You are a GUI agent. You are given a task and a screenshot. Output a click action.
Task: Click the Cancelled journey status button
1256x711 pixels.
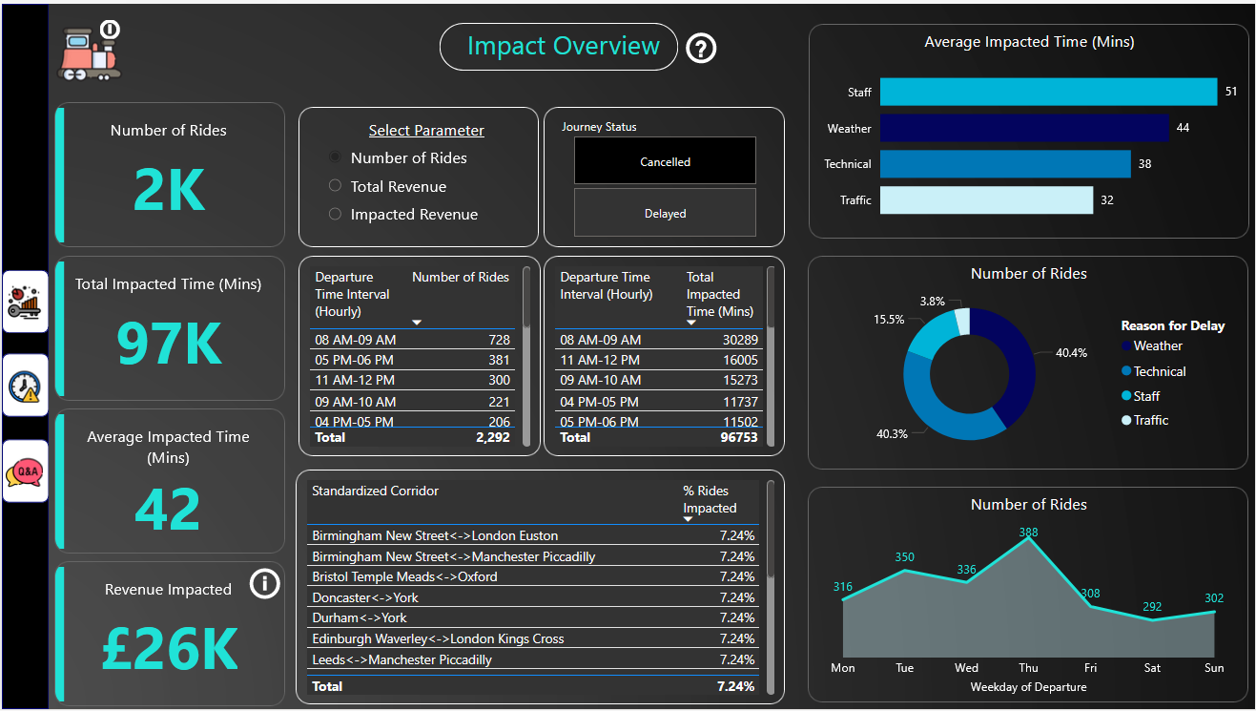pyautogui.click(x=665, y=161)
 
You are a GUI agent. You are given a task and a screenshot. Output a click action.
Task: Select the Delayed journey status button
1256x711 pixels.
pyautogui.click(x=665, y=213)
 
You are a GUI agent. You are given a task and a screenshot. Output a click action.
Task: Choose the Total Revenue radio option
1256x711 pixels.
pyautogui.click(x=335, y=186)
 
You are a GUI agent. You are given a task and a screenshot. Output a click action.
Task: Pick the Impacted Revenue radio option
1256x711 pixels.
pyautogui.click(x=335, y=215)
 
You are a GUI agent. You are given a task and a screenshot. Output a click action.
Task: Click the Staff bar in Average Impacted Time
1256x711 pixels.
pyautogui.click(x=1047, y=92)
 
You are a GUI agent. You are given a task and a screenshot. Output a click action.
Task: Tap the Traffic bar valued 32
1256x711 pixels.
pyautogui.click(x=985, y=199)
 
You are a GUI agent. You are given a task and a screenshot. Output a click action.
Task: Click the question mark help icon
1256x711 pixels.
pyautogui.click(x=701, y=48)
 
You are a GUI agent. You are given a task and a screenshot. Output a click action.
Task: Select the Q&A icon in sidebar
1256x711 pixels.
pyautogui.click(x=26, y=471)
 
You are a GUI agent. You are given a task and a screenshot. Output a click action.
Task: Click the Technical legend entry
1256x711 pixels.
pyautogui.click(x=1159, y=371)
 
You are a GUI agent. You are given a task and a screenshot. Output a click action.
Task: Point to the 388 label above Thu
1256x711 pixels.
pyautogui.click(x=1028, y=533)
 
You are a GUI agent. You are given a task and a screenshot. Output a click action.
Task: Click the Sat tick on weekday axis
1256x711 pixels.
pyautogui.click(x=1152, y=668)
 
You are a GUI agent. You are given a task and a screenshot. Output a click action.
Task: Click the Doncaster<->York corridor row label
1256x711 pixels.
pyautogui.click(x=365, y=597)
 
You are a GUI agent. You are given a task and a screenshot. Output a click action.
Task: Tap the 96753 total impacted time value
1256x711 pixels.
pyautogui.click(x=736, y=437)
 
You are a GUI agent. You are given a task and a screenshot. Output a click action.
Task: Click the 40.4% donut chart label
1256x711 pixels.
pyautogui.click(x=1071, y=352)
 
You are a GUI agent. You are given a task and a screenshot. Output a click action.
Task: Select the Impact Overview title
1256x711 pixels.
pyautogui.click(x=563, y=47)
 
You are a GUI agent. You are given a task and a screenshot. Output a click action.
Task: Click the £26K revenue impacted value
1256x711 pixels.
pyautogui.click(x=170, y=649)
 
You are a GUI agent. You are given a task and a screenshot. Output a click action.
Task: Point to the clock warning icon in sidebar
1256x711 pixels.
pyautogui.click(x=25, y=386)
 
